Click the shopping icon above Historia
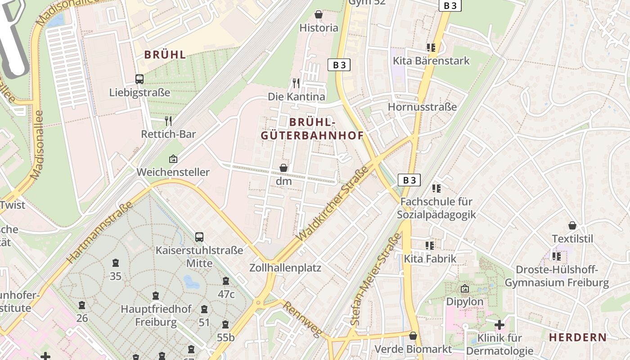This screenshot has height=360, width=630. (319, 15)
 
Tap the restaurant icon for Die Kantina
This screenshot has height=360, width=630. (296, 83)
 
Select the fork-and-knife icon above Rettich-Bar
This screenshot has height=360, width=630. (168, 121)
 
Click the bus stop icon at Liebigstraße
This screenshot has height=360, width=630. (139, 79)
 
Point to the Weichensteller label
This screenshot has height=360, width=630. (173, 172)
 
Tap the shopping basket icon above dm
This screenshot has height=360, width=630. (283, 168)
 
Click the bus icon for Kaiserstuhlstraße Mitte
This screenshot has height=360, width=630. (199, 237)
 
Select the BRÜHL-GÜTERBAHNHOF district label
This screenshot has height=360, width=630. (312, 129)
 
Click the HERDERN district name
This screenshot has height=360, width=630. (578, 337)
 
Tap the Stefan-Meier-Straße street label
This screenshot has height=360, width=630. (375, 279)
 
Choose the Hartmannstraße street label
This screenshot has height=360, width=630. (99, 232)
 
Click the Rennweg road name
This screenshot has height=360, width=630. (302, 319)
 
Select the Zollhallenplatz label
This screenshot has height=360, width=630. (285, 268)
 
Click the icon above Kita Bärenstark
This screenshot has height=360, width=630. (431, 47)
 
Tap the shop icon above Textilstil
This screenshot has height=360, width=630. (572, 225)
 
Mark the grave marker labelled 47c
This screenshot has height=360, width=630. (226, 281)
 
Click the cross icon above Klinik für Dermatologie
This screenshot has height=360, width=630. (499, 324)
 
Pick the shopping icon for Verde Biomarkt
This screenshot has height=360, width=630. (413, 336)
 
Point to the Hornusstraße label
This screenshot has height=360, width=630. (422, 107)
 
